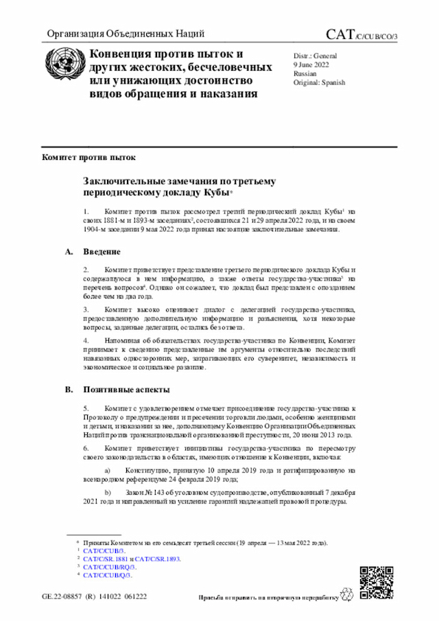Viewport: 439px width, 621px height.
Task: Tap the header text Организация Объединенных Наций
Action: coord(125,34)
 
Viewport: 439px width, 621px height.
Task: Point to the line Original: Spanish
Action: coord(319,82)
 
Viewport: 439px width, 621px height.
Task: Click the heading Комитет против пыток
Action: coord(88,156)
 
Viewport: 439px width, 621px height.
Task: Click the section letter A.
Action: coord(69,252)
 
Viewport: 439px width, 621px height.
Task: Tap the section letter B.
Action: coord(69,390)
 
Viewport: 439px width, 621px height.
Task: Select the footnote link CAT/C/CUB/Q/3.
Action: coord(108,575)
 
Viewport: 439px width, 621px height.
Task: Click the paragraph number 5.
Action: coord(86,408)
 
